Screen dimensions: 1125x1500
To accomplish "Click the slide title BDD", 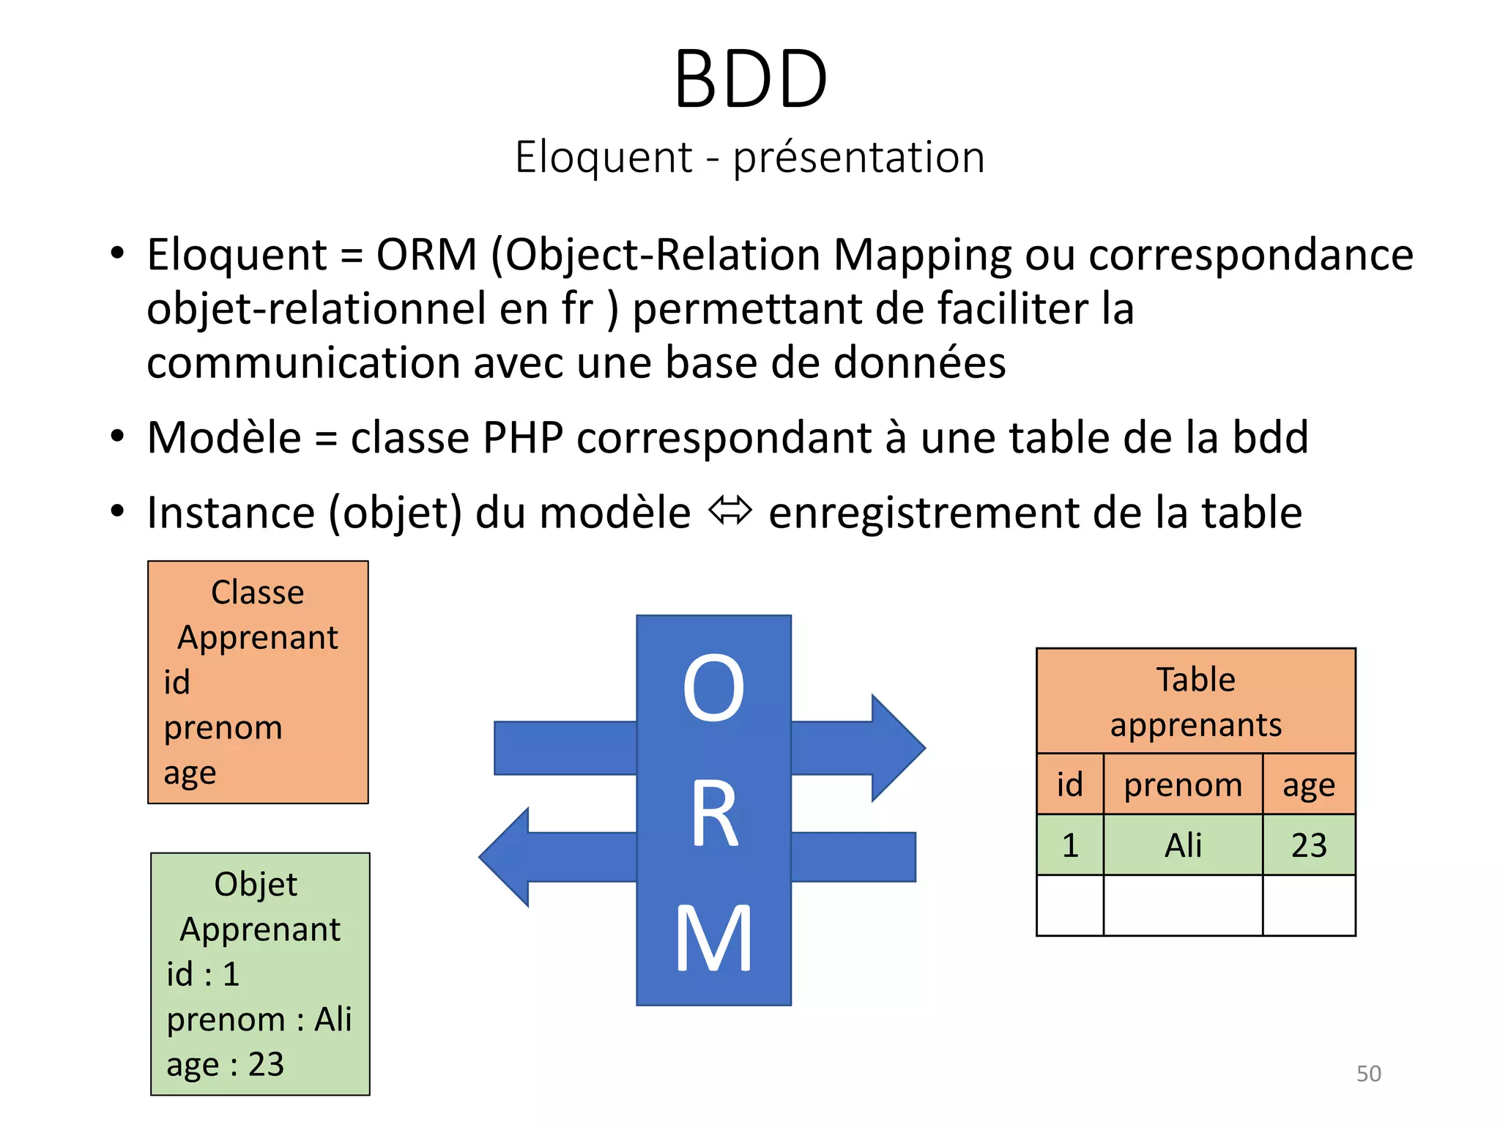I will [750, 79].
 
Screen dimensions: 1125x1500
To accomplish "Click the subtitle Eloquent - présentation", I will [750, 157].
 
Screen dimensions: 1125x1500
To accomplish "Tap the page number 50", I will [1368, 1073].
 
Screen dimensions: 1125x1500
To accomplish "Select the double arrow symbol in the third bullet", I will [729, 510].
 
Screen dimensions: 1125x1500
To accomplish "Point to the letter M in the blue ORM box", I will [713, 938].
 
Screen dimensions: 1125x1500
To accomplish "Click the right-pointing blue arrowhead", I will [898, 748].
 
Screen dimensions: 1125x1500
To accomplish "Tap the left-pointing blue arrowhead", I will [505, 857].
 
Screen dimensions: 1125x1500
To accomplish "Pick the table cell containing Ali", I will [1182, 844].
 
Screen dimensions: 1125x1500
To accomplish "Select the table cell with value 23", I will [1308, 844].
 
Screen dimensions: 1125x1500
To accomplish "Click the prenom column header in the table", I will [1182, 784].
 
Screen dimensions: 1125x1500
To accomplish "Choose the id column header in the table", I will [1069, 784].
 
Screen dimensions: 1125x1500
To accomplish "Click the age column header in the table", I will [1308, 784].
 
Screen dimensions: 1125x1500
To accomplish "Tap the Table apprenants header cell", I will [1195, 701].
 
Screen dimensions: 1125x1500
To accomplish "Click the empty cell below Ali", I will [1182, 905].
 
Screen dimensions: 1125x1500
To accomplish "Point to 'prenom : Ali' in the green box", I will [259, 1019].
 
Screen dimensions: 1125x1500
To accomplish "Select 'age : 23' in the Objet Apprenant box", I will [225, 1064].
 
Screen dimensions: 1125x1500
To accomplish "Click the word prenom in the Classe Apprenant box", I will [223, 727].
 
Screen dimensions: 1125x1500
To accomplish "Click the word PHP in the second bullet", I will [522, 438].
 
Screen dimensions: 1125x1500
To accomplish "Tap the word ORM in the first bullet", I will [426, 255].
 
